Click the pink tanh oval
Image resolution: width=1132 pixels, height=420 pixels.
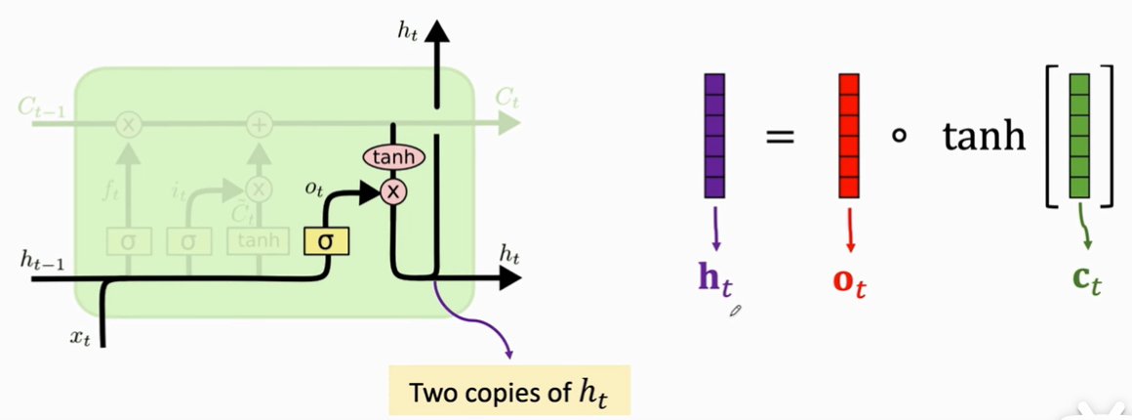pos(393,157)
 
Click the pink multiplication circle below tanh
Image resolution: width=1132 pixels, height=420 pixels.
pos(393,192)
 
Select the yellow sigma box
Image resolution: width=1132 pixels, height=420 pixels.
pos(326,239)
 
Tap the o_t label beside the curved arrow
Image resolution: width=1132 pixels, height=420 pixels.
pos(313,189)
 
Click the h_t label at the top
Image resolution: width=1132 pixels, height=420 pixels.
pos(408,30)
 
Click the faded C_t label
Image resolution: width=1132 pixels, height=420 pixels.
pos(505,98)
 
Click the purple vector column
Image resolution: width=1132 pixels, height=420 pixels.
pos(713,136)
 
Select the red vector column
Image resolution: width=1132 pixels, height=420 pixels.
pos(849,136)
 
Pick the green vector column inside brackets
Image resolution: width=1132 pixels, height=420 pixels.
pos(1079,136)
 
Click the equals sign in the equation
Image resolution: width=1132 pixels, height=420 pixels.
pos(780,137)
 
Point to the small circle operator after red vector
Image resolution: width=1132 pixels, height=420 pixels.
pos(899,136)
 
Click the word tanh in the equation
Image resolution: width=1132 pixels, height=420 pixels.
pos(984,136)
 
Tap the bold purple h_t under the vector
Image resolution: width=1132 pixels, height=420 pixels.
pos(714,279)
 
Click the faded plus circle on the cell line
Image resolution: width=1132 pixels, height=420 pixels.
pos(259,124)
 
